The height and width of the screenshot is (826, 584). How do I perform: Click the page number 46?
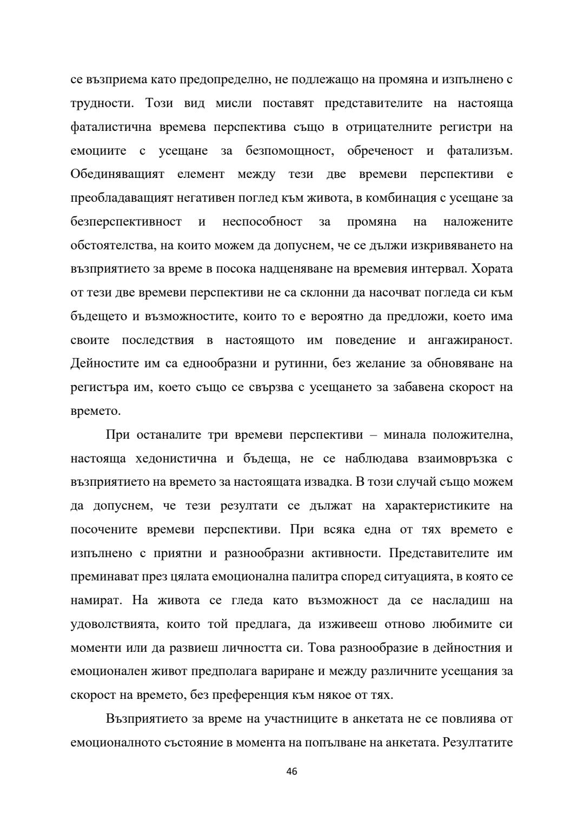tap(291, 771)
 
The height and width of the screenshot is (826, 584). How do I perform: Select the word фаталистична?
tap(109, 127)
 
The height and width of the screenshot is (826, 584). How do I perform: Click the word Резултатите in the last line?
tap(478, 742)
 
